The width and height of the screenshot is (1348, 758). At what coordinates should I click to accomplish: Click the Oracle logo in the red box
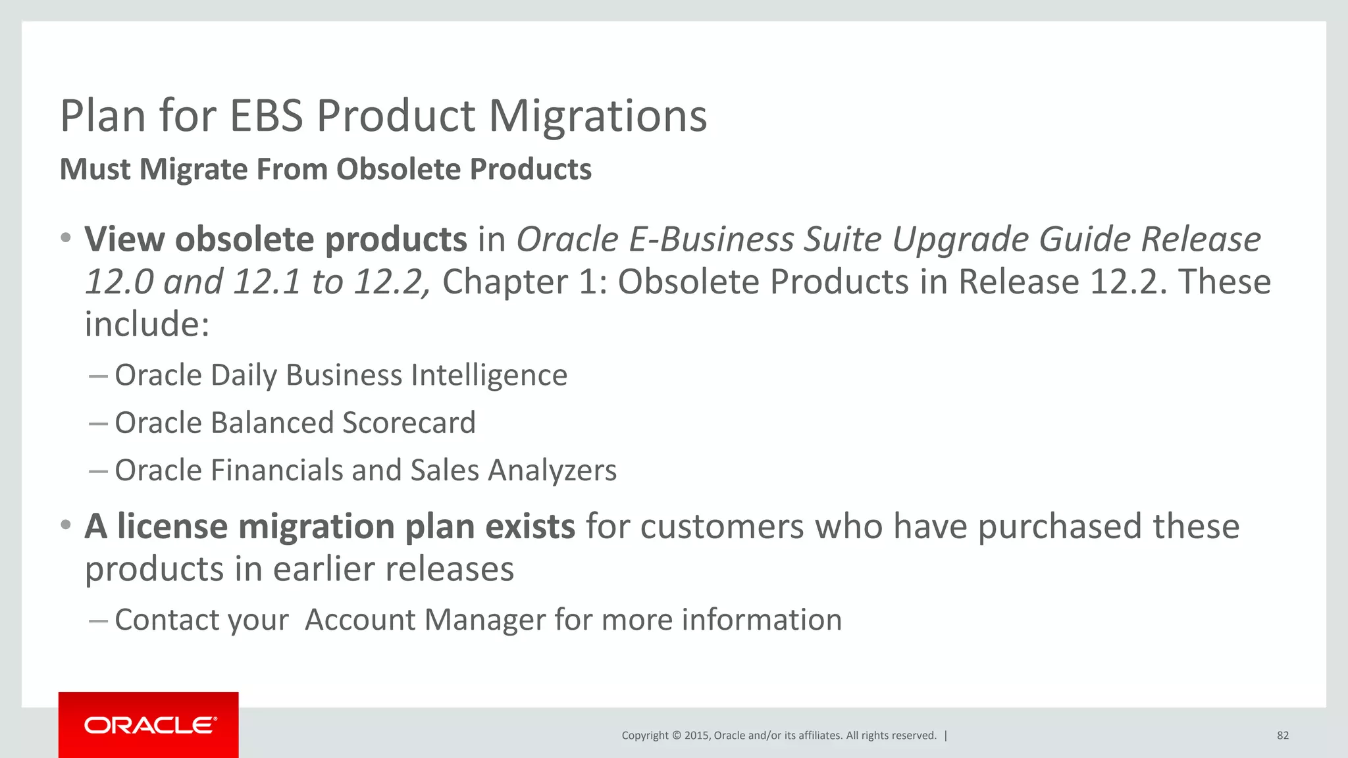150,725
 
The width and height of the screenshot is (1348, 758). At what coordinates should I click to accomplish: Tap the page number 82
1282,736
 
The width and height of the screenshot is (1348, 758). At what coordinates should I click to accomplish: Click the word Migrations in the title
598,116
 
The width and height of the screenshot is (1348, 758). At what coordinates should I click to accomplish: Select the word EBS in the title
266,116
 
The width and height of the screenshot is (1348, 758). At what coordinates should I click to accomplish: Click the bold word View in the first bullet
124,240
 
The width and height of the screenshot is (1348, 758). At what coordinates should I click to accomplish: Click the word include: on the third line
147,324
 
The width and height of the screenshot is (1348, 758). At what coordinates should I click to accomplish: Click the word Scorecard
409,423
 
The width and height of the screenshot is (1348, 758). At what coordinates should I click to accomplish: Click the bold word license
172,527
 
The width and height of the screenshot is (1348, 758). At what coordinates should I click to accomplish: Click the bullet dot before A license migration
65,526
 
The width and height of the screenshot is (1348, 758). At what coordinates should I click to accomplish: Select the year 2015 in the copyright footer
696,736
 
